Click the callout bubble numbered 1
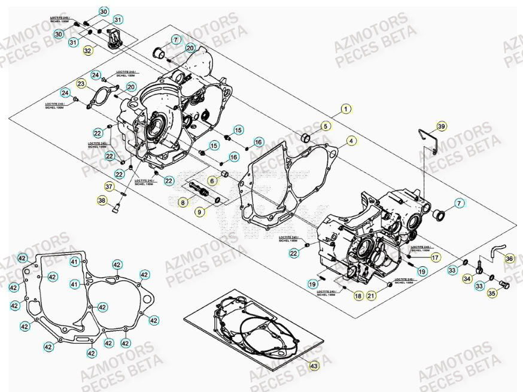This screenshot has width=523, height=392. point(345,109)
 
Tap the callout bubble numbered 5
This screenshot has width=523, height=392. point(326,126)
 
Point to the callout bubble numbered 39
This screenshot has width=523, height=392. point(441,126)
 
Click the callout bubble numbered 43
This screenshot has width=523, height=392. point(314,364)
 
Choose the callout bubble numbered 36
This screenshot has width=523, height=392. point(509,259)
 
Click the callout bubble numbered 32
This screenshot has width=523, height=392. point(88,51)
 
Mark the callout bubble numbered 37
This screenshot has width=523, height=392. point(110,186)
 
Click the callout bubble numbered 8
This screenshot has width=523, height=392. point(182,203)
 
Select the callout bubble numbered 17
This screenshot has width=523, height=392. point(435,257)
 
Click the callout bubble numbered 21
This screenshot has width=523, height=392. point(370,295)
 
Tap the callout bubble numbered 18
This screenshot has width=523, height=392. point(358,295)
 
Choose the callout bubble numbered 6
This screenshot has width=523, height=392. point(212,180)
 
